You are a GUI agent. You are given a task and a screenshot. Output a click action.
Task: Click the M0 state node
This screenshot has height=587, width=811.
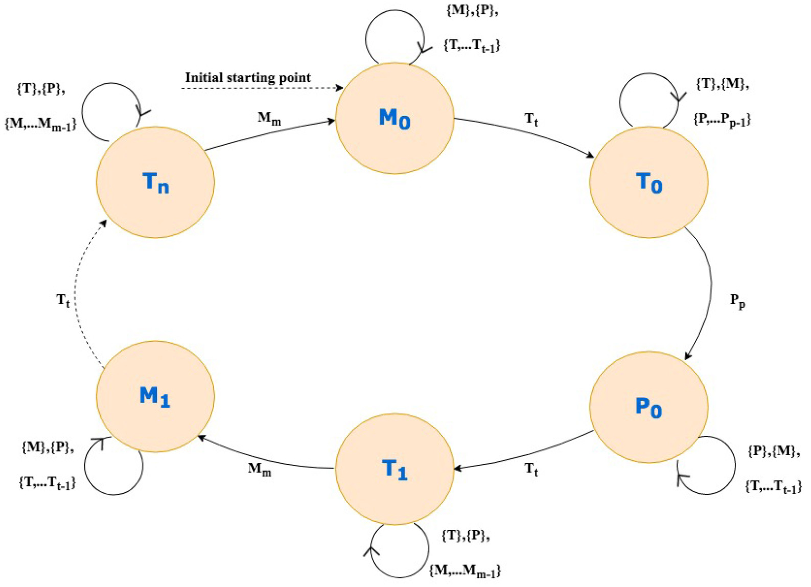(x=395, y=118)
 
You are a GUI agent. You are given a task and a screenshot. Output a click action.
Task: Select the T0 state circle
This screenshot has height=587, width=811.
(x=648, y=182)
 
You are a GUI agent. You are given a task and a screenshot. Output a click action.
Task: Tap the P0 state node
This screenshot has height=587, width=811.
(x=648, y=407)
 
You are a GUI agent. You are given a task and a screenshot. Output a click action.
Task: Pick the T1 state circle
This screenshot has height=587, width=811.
(x=395, y=468)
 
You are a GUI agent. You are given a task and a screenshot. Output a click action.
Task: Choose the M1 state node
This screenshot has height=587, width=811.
(x=155, y=396)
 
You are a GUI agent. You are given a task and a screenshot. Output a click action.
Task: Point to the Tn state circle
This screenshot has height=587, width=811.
(x=155, y=182)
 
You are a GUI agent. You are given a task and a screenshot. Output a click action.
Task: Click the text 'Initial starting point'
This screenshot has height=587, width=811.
(x=248, y=78)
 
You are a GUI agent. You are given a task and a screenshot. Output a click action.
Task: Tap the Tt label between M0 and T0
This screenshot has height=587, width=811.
(x=531, y=120)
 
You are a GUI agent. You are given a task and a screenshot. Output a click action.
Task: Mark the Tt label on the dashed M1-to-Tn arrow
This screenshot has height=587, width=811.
(x=63, y=300)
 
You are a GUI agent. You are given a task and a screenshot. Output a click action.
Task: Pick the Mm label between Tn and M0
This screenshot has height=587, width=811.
(x=269, y=118)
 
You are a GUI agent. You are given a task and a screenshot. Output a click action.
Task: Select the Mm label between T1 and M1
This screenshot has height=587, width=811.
(x=260, y=468)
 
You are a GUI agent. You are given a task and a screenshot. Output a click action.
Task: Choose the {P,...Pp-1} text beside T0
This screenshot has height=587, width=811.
(x=722, y=119)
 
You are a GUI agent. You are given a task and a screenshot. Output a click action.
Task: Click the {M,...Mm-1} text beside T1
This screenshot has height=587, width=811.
(x=465, y=570)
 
